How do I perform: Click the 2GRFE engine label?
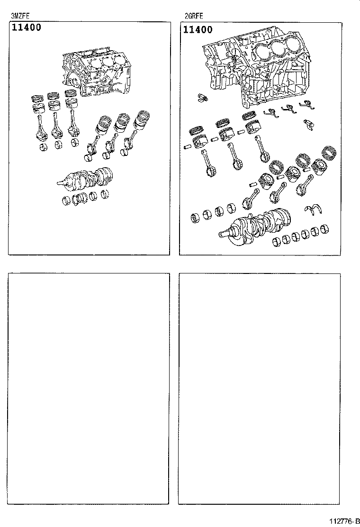[x=194, y=16]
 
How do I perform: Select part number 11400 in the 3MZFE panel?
[x=27, y=27]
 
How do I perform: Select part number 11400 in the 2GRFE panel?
[x=198, y=29]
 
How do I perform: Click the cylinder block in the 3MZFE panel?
[x=97, y=72]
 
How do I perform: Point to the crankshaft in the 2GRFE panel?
[x=256, y=224]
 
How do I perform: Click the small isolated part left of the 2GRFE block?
[x=202, y=98]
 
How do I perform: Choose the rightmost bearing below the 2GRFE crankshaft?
[x=324, y=229]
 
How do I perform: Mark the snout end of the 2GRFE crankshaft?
[x=225, y=234]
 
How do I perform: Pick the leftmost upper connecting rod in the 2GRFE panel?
[x=207, y=164]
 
